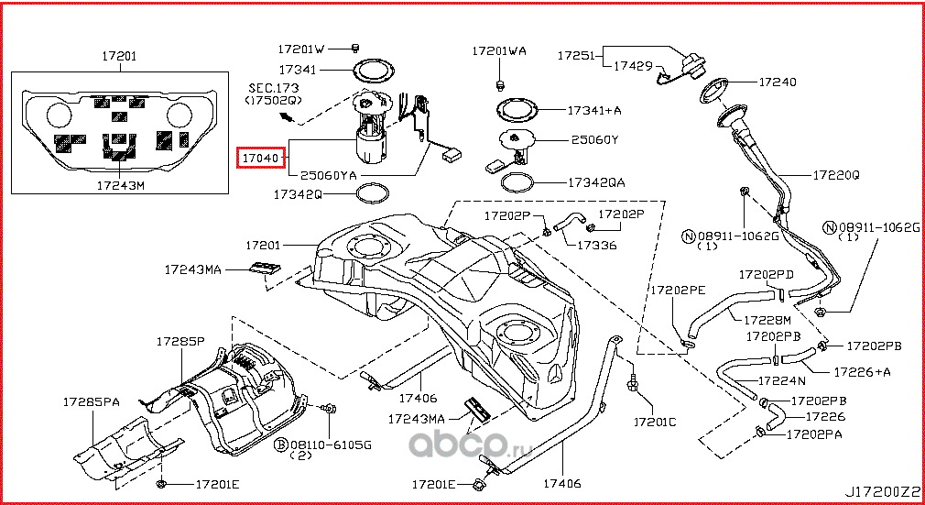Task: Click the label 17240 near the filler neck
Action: click(778, 82)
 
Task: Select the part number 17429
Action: click(632, 66)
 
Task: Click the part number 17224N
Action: click(780, 379)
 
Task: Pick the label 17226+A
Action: click(862, 372)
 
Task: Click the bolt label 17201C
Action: click(655, 423)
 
